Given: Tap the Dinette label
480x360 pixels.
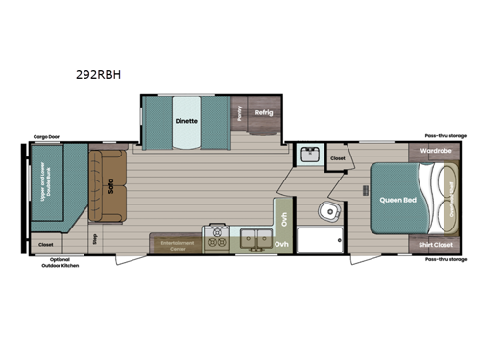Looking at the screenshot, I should [x=186, y=121].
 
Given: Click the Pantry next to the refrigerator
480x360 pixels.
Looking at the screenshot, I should [x=238, y=113].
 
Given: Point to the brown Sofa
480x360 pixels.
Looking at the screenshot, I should [x=108, y=188].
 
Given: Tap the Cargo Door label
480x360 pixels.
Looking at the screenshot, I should [x=47, y=137].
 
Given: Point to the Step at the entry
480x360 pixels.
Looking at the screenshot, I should [x=94, y=239].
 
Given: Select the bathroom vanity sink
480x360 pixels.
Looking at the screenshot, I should [x=309, y=153].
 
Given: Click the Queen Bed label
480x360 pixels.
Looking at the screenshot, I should [x=396, y=200].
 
